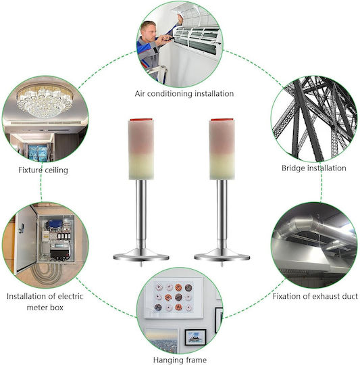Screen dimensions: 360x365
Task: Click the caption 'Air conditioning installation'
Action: pyautogui.click(x=184, y=94)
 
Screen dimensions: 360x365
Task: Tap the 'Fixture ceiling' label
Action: pyautogui.click(x=43, y=170)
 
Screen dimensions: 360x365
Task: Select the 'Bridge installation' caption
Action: pyautogui.click(x=313, y=168)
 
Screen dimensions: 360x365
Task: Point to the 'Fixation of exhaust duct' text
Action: pyautogui.click(x=315, y=296)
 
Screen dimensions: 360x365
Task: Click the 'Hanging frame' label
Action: pyautogui.click(x=180, y=360)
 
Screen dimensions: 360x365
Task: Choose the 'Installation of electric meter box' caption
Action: pyautogui.click(x=45, y=302)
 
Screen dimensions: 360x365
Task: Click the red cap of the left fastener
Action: pyautogui.click(x=141, y=120)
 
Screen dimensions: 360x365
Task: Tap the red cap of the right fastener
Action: pyautogui.click(x=222, y=120)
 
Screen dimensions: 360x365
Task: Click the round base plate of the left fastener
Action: pyautogui.click(x=141, y=255)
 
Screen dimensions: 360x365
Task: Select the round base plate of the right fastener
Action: pyautogui.click(x=222, y=255)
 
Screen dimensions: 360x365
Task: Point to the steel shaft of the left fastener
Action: pyautogui.click(x=141, y=214)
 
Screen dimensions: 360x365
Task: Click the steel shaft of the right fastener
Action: pyautogui.click(x=222, y=214)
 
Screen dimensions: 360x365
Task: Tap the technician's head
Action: pyautogui.click(x=149, y=30)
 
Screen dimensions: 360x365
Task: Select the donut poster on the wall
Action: pyautogui.click(x=174, y=297)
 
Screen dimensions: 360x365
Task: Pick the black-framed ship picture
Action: pyautogui.click(x=195, y=337)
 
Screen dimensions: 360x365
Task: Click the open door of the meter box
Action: pyautogui.click(x=25, y=239)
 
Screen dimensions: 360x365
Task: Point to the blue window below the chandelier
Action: pyautogui.click(x=37, y=153)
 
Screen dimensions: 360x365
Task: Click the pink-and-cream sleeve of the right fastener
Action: pyautogui.click(x=222, y=150)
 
